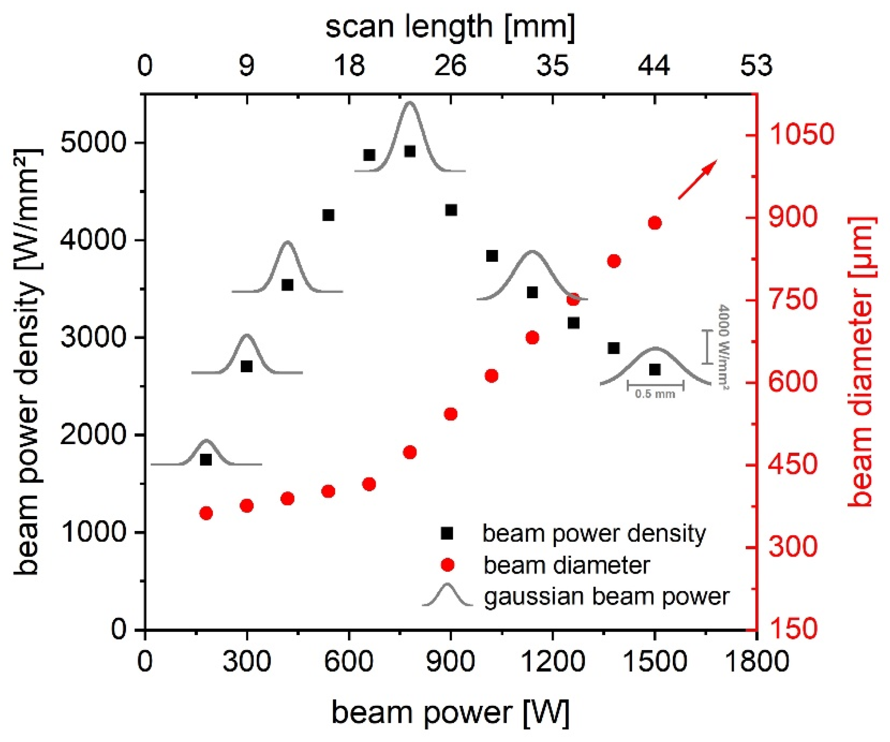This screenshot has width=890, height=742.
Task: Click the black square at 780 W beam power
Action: pyautogui.click(x=409, y=151)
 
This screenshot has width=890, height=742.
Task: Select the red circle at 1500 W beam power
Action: pyautogui.click(x=654, y=223)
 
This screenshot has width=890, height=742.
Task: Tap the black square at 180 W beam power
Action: pyautogui.click(x=206, y=459)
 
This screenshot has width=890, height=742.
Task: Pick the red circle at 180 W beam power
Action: pyautogui.click(x=206, y=513)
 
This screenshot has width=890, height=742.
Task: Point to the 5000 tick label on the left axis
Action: pyautogui.click(x=92, y=143)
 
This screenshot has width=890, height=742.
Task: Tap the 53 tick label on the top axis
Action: pyautogui.click(x=756, y=66)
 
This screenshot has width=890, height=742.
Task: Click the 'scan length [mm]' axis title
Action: pyautogui.click(x=450, y=26)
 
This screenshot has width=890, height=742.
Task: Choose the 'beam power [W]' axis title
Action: pyautogui.click(x=450, y=712)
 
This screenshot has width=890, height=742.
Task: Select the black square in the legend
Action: pyautogui.click(x=447, y=533)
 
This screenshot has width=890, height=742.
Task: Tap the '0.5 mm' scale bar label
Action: pyautogui.click(x=655, y=394)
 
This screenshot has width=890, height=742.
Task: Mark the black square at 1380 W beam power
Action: pyautogui.click(x=613, y=348)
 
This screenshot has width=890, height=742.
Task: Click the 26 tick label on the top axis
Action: pyautogui.click(x=450, y=66)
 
